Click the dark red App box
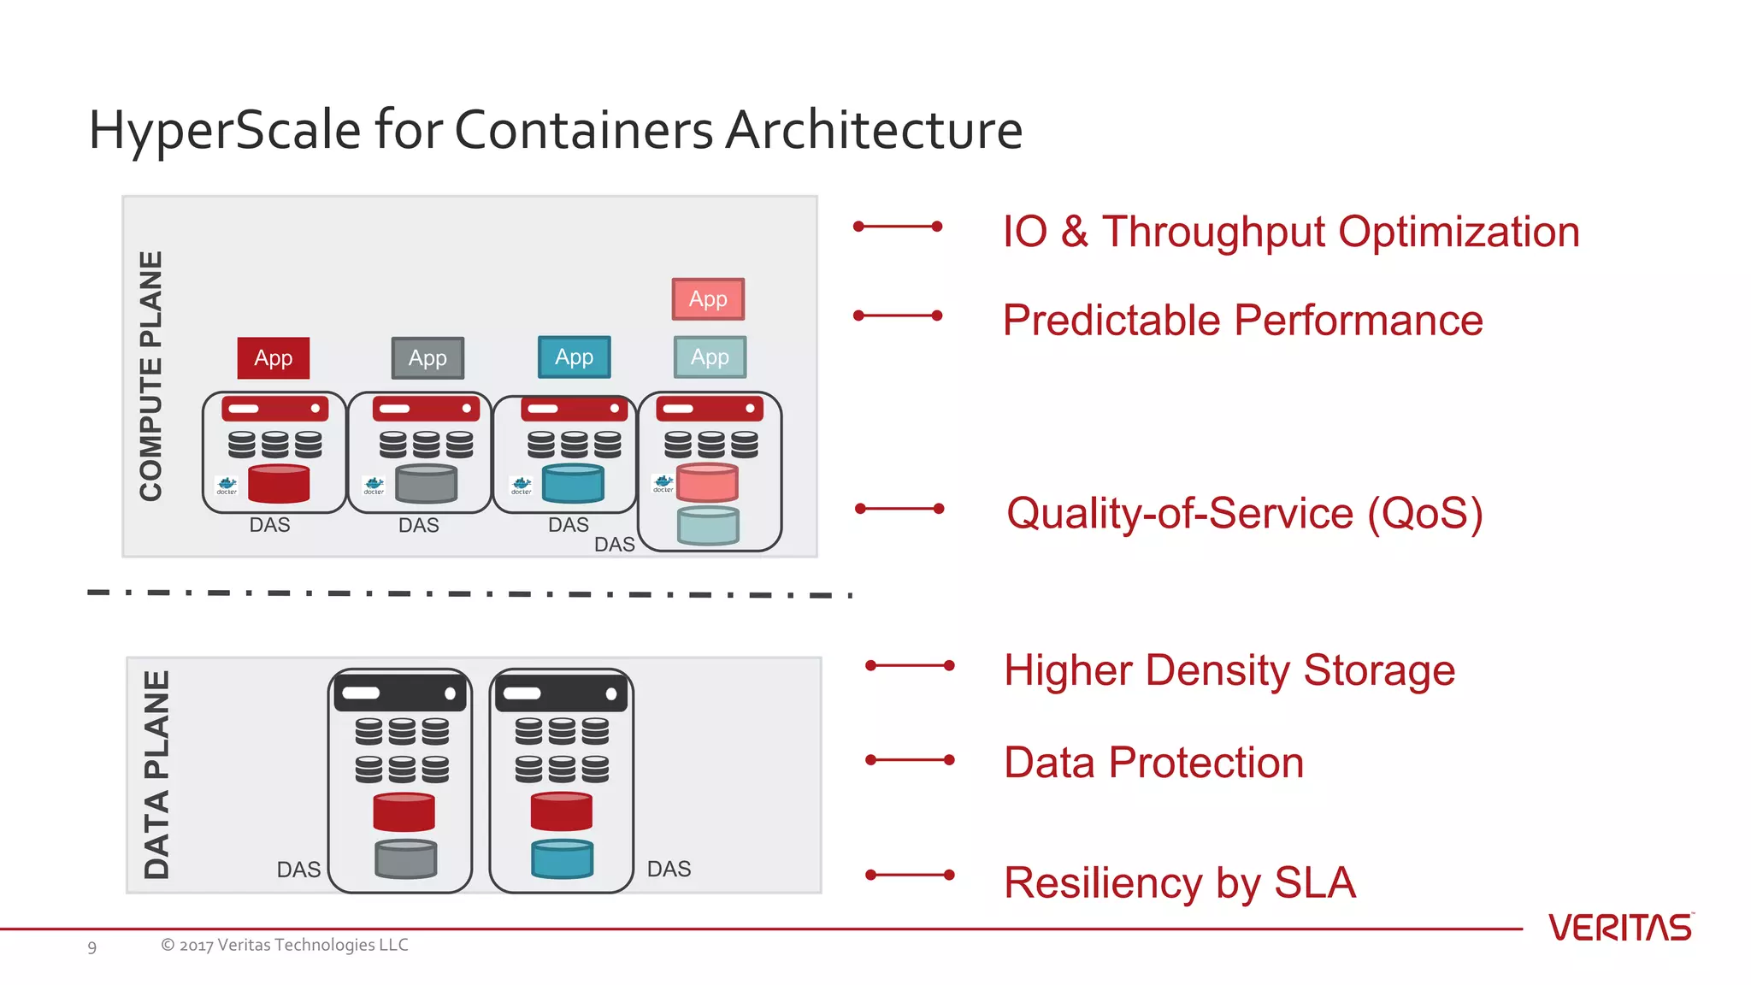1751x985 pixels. (x=273, y=357)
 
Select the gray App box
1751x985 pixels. (x=427, y=357)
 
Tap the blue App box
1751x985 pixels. (x=574, y=357)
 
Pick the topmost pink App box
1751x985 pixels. (x=708, y=298)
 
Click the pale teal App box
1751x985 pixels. (x=710, y=357)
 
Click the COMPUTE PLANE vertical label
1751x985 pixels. (x=151, y=376)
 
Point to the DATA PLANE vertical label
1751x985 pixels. (x=156, y=775)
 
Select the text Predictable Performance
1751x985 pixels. (x=1242, y=321)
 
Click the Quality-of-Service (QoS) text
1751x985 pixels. (x=1244, y=513)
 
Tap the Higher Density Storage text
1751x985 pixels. (x=1229, y=669)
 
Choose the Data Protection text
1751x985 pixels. (x=1153, y=762)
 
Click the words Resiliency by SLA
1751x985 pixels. (x=1179, y=882)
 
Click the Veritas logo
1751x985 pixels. (x=1620, y=928)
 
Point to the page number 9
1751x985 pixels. (x=92, y=947)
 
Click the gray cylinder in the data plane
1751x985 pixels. (x=405, y=858)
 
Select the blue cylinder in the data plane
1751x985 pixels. (x=562, y=858)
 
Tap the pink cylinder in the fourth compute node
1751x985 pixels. (x=707, y=482)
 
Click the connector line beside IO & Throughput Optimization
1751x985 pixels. (x=898, y=227)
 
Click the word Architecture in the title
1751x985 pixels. (x=873, y=130)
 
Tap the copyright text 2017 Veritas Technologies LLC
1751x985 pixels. (x=285, y=945)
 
